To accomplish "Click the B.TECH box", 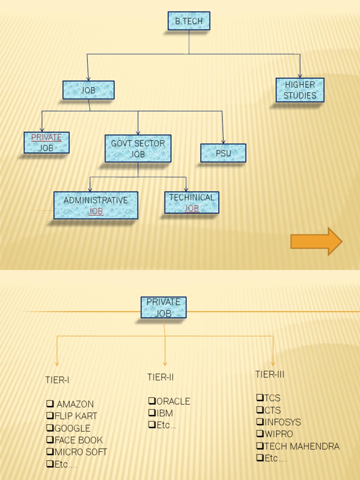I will (189, 21).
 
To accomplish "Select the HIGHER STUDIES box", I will (300, 90).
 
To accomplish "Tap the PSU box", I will (223, 153).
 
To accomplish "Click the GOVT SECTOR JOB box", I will (138, 149).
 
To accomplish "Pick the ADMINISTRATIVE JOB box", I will (96, 205).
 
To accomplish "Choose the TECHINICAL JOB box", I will (192, 202).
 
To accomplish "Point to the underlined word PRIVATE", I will (46, 138).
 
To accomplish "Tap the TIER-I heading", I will (57, 380).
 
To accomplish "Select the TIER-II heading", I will (160, 377).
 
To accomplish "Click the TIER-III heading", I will (270, 374).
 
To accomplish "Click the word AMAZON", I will (75, 404).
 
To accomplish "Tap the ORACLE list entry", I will (173, 401).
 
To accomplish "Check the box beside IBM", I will (151, 413).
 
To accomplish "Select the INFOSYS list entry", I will (283, 422).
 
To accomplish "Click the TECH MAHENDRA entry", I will (301, 446).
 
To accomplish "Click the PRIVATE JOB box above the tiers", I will (164, 307).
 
